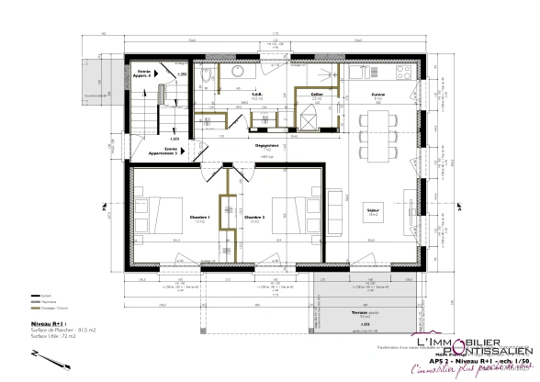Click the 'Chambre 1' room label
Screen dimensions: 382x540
tap(200, 218)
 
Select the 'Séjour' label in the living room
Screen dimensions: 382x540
tap(375, 210)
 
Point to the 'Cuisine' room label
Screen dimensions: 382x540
tap(377, 95)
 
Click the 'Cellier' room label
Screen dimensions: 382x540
tap(316, 95)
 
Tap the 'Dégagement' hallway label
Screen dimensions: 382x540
tap(266, 144)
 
